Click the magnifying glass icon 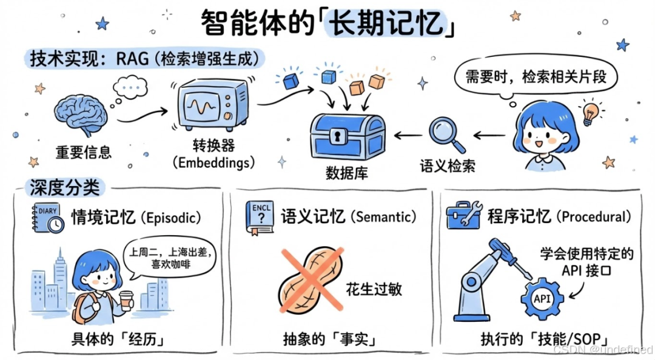coord(445,134)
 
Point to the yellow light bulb coord(589,112)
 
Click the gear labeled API coord(542,299)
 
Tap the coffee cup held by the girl coord(127,301)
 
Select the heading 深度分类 coord(64,187)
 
